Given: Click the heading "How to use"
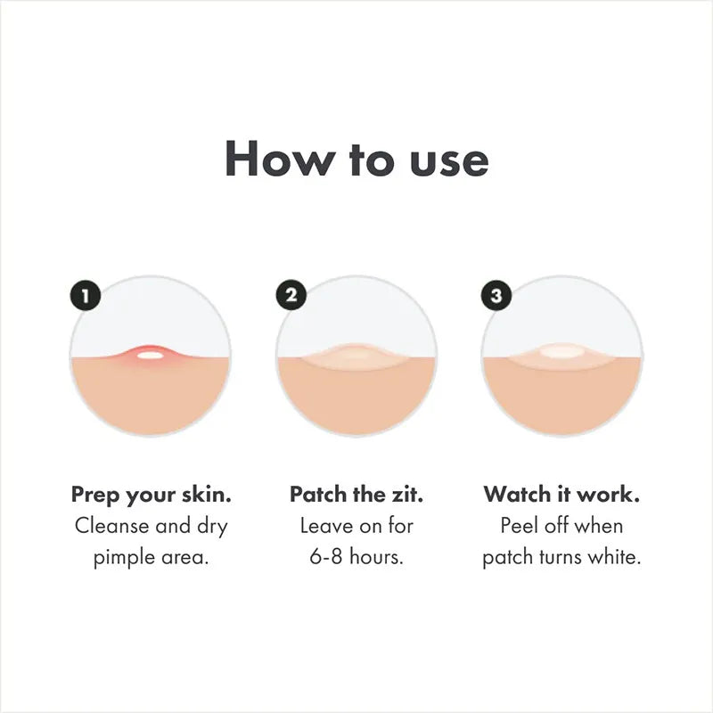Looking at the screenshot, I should click(x=356, y=159).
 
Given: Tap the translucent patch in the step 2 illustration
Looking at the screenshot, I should click(x=356, y=355).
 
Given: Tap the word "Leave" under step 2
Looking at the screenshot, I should click(x=326, y=525).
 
